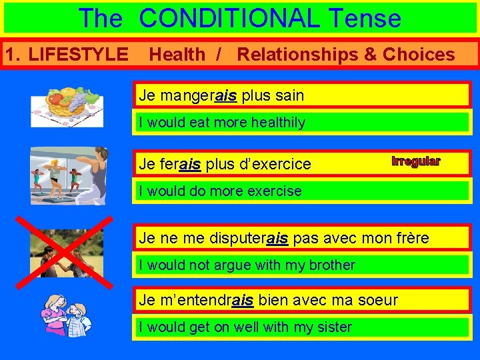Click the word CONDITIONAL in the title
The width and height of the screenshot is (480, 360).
(230, 18)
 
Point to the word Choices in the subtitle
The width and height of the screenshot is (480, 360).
(419, 55)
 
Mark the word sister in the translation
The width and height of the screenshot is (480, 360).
(333, 327)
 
